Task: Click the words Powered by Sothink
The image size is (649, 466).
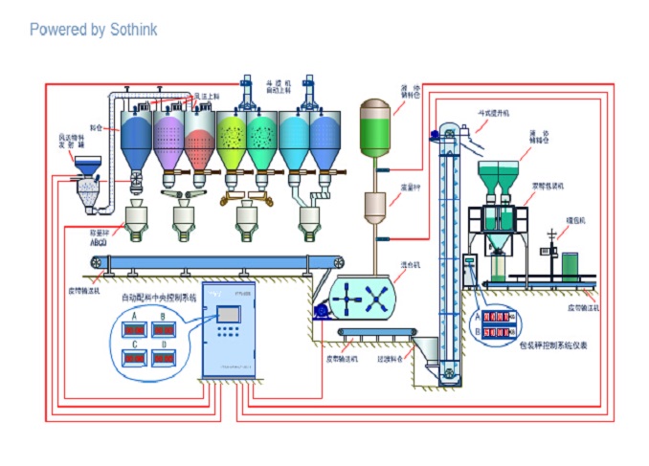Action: coord(93,30)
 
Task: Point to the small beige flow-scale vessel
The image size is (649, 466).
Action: coord(377,206)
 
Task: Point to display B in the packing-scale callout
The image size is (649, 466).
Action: coord(498,332)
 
